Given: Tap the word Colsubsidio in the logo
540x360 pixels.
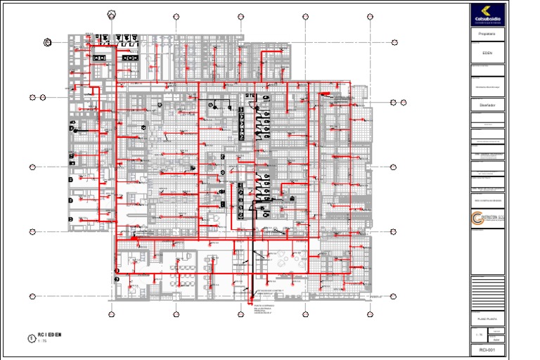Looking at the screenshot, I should [x=488, y=18].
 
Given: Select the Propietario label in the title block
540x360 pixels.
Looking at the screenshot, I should [x=487, y=34].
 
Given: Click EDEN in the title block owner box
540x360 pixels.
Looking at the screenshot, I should [x=487, y=53].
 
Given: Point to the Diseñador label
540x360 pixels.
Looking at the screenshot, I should [x=487, y=104].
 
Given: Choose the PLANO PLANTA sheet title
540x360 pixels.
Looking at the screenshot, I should [x=487, y=319].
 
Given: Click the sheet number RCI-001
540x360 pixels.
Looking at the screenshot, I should [x=487, y=349].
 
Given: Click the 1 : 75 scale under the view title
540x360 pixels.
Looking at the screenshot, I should [x=41, y=342].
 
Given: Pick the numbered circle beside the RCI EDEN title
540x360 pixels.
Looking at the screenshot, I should [x=30, y=338].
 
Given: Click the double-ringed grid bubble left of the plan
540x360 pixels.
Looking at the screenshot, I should [x=47, y=42].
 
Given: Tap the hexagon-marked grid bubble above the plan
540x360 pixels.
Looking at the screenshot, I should [x=112, y=15].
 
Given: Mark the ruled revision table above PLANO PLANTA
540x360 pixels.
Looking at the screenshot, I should [x=487, y=290].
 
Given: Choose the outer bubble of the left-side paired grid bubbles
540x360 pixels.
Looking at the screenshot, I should [x=32, y=97].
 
